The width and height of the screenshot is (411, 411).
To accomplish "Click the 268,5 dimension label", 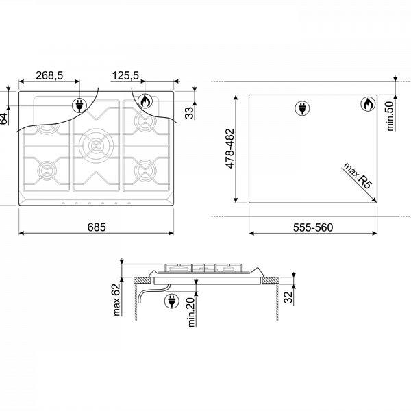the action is pos(49,75).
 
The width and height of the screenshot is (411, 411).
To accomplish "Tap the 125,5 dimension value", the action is pos(125,75).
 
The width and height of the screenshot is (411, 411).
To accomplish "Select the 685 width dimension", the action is pos(97,227).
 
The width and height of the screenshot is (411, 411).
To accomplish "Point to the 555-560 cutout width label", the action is pos(313,227).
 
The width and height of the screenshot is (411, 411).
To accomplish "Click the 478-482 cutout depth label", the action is pos(229,149).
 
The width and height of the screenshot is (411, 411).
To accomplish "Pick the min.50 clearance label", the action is pos(390,116).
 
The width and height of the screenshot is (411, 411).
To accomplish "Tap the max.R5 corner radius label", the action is pos(358,175).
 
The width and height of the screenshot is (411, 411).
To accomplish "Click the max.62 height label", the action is pos(116,299).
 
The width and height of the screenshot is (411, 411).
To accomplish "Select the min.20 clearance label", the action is pos(192,312).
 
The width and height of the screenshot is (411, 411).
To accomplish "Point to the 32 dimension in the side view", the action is pos(288,297).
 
